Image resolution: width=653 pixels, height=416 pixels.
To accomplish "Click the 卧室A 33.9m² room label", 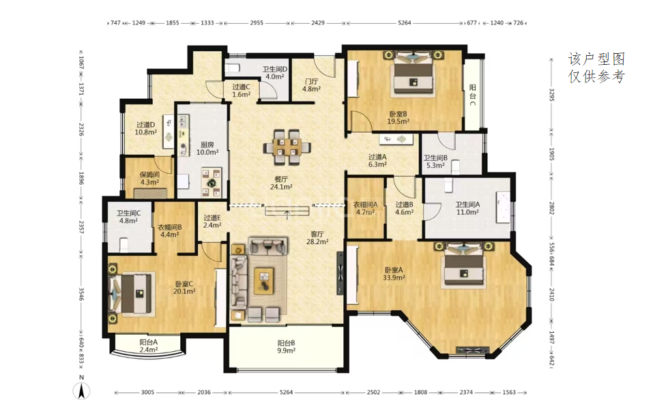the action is (394, 273).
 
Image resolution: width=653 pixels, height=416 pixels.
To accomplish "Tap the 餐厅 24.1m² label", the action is (281, 183).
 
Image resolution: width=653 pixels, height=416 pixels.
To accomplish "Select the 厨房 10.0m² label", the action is (207, 148).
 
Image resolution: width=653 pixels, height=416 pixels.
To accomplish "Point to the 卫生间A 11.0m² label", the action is (467, 208).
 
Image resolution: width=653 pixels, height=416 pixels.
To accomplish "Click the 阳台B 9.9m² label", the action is (286, 347).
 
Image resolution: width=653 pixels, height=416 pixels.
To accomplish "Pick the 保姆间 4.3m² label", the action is (149, 178).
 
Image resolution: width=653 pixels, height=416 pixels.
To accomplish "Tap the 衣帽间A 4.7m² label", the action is (365, 208).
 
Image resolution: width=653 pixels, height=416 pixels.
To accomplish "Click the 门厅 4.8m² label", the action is (311, 85).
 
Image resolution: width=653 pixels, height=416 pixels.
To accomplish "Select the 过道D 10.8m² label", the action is (145, 128).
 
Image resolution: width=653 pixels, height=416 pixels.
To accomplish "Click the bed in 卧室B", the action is (413, 73).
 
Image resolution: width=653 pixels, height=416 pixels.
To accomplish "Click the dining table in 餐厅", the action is (287, 147).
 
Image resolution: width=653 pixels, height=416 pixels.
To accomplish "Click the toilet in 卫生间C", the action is (124, 245).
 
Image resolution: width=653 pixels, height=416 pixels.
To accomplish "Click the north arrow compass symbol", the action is (82, 391).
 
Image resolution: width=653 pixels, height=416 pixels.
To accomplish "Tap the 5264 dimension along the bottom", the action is (286, 392).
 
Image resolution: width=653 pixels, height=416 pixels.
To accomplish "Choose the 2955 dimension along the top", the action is (257, 23).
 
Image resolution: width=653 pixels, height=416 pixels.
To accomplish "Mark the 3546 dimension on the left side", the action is (81, 293).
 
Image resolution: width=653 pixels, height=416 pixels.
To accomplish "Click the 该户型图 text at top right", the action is (597, 59).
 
